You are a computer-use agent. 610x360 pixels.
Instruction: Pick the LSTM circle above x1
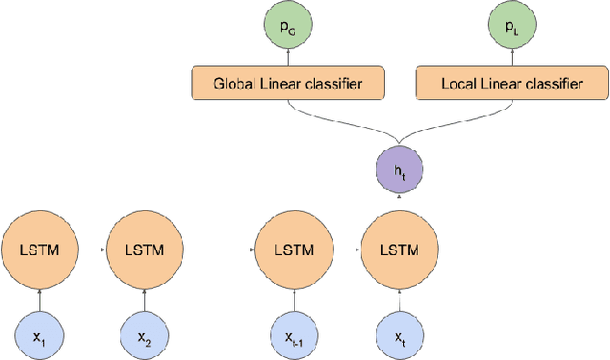click(x=38, y=250)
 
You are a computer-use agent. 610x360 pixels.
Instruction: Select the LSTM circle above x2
click(x=146, y=250)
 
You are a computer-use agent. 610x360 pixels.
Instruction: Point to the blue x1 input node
click(x=38, y=332)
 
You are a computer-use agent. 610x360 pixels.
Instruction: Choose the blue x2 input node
click(x=146, y=332)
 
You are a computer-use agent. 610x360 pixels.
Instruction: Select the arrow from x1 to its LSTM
click(x=38, y=298)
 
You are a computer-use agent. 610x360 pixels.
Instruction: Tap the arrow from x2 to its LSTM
click(x=146, y=298)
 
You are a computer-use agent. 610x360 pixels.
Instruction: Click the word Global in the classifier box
click(x=234, y=84)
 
